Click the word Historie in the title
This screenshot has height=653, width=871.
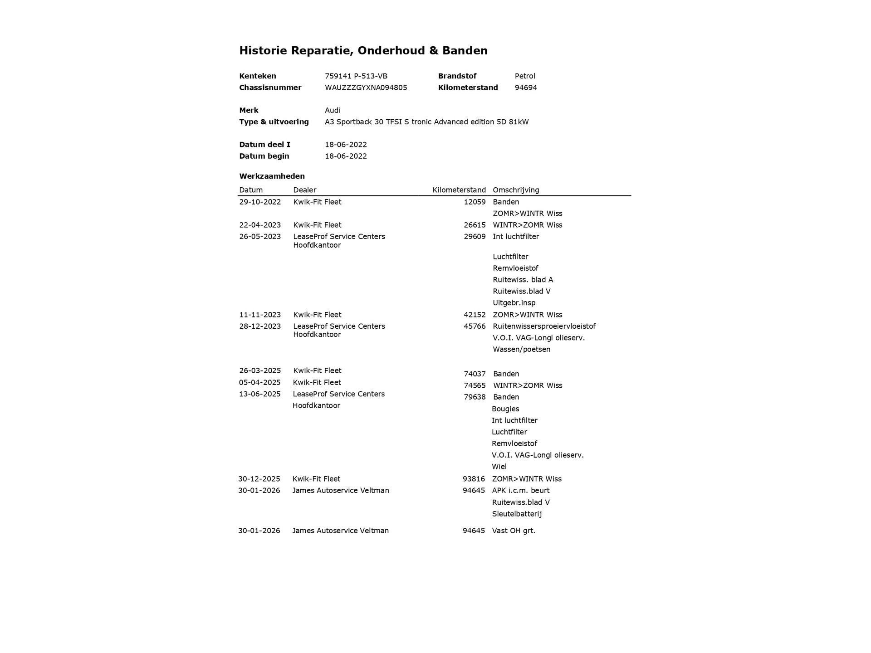pos(263,50)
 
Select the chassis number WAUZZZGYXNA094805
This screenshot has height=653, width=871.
pos(366,88)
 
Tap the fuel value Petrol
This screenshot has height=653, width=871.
pos(525,76)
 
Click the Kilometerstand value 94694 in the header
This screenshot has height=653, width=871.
pos(526,88)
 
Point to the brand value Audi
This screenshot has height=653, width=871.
pos(332,110)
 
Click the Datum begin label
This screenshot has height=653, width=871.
pos(264,156)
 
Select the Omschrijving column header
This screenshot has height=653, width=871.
pos(516,190)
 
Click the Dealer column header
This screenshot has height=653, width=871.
pos(304,190)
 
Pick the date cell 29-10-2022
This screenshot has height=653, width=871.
pos(260,202)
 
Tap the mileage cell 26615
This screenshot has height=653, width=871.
pos(475,225)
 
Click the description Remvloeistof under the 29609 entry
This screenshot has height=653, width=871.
pos(515,268)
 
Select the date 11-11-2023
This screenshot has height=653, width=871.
pos(260,315)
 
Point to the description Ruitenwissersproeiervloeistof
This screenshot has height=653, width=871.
pos(544,326)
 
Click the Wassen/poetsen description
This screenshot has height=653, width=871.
pos(521,349)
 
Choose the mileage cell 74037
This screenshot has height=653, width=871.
pos(475,374)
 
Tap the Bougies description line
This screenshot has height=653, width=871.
pos(505,409)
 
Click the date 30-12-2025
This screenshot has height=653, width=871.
pos(259,479)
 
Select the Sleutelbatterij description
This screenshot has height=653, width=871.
pos(517,514)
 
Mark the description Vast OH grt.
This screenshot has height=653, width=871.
pos(514,531)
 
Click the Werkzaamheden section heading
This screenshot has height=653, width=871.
pos(272,176)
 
